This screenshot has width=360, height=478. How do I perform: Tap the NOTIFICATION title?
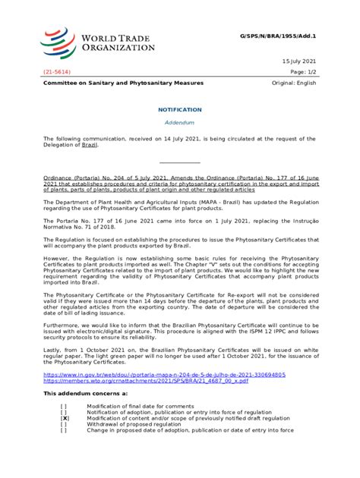[179, 109]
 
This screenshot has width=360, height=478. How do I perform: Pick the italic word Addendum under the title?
[179, 122]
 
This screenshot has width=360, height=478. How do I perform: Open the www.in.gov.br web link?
[164, 375]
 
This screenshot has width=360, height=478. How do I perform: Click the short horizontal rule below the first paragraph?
[179, 162]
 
